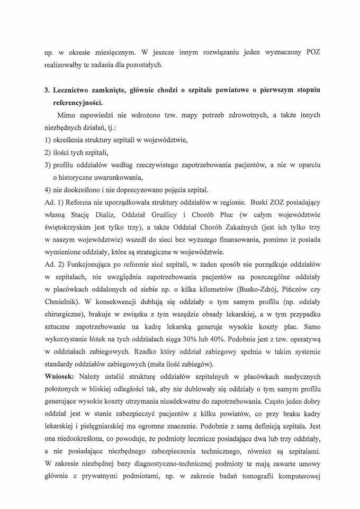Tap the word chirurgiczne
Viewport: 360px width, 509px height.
pyautogui.click(x=65, y=315)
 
